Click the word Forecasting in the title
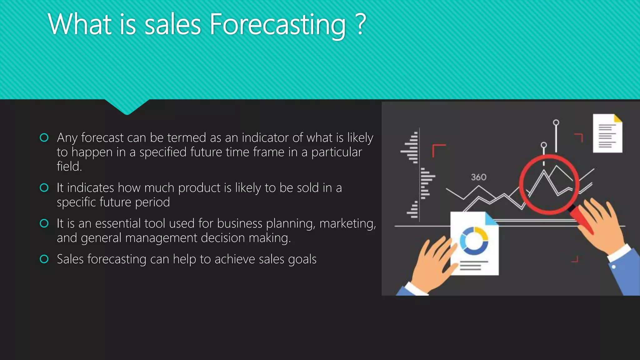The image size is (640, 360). pyautogui.click(x=277, y=25)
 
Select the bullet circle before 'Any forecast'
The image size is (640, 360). pyautogui.click(x=44, y=137)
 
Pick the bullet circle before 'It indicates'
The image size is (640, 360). pyautogui.click(x=44, y=187)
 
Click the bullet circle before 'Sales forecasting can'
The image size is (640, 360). pyautogui.click(x=44, y=259)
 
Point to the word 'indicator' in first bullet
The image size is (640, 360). pyautogui.click(x=265, y=138)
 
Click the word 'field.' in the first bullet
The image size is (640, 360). pyautogui.click(x=69, y=167)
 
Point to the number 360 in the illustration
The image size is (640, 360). pyautogui.click(x=478, y=177)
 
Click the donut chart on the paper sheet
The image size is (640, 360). pyautogui.click(x=474, y=241)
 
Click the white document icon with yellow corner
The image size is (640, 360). pyautogui.click(x=607, y=133)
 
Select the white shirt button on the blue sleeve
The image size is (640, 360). pyautogui.click(x=613, y=267)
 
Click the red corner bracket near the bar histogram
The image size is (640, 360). pyautogui.click(x=438, y=150)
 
